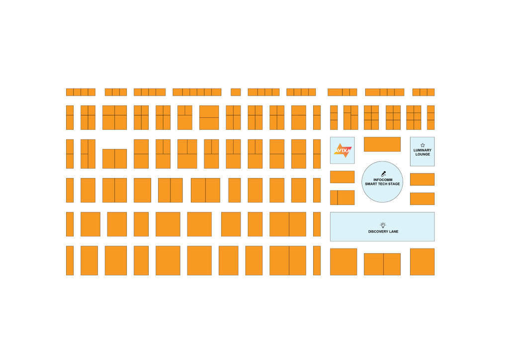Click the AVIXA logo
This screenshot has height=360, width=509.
[342, 150]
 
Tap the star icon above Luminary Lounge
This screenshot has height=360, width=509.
[423, 145]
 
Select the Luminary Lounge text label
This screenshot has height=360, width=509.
[422, 152]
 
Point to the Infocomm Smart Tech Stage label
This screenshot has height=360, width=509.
[382, 182]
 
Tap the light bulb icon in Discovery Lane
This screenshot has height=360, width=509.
[383, 225]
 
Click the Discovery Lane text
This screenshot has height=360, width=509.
[383, 232]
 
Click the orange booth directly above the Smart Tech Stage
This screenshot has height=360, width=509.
[382, 144]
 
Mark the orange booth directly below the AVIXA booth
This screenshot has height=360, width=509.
[342, 177]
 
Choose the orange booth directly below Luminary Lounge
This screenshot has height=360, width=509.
[422, 179]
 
